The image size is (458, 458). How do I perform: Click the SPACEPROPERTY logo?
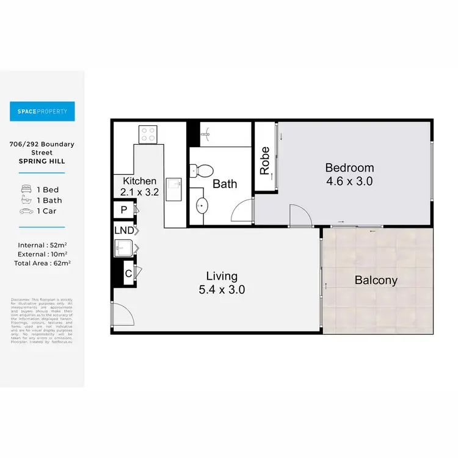click(x=42, y=111)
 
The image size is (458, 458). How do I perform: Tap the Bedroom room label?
click(x=349, y=168)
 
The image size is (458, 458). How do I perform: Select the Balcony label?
click(x=376, y=281)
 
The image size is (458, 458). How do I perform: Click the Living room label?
click(x=222, y=277)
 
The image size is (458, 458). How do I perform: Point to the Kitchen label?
click(x=140, y=181)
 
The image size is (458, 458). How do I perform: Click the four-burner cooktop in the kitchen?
click(x=148, y=134)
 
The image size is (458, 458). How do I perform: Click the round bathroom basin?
click(x=203, y=206)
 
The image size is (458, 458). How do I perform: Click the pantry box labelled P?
click(x=124, y=210)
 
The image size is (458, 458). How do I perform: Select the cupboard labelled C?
click(x=128, y=272)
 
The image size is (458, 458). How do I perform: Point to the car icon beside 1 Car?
click(x=26, y=211)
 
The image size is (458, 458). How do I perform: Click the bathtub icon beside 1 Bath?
click(x=26, y=200)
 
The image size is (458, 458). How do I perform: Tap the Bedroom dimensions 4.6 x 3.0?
click(x=349, y=181)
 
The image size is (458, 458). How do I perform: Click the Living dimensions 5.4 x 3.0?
click(x=222, y=290)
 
